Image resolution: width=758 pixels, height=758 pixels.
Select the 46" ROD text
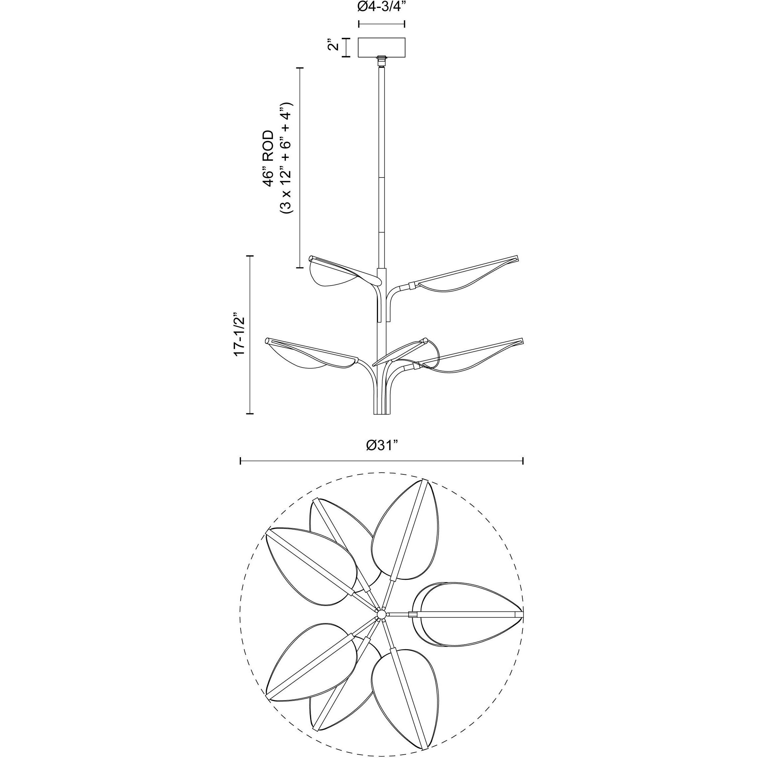pos(269,159)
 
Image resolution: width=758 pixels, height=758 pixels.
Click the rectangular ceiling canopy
pos(381,47)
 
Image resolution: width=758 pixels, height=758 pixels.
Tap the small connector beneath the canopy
pos(381,61)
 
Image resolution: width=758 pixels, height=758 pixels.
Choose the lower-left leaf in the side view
pos(306,353)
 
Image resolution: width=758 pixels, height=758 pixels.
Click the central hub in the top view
pos(381,624)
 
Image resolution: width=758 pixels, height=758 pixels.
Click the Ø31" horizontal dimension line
pos(381,461)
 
